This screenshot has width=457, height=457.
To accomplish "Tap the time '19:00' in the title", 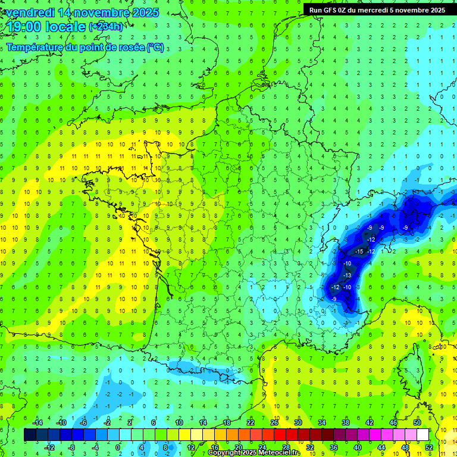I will (x=24, y=27).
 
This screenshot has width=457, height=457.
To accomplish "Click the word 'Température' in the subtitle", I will (x=36, y=48).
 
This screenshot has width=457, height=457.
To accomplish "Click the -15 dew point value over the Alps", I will (x=359, y=252).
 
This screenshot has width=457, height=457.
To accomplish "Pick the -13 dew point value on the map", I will (x=348, y=276).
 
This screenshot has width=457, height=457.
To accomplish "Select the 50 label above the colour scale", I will (x=417, y=422).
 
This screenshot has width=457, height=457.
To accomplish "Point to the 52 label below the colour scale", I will (x=429, y=447).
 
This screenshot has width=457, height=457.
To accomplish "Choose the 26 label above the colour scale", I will (x=274, y=422).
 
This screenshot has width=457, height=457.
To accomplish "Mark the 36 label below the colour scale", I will (x=334, y=447).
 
